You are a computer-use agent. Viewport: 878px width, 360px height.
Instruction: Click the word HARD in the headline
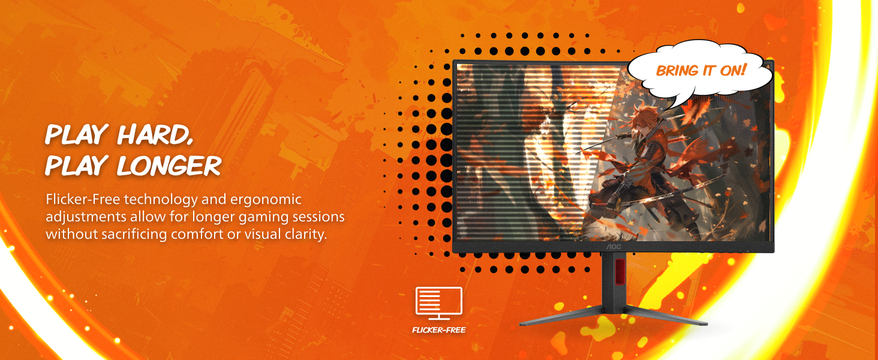click(x=155, y=134)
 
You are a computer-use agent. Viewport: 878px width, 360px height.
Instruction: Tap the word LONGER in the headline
click(x=169, y=166)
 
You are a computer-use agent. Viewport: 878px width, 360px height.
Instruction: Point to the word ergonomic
click(x=266, y=200)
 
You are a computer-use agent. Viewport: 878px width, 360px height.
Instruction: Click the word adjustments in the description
click(x=86, y=217)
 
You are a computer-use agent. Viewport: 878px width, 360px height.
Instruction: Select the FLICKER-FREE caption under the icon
click(x=439, y=330)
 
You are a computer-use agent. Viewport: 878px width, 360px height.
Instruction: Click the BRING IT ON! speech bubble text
click(x=701, y=71)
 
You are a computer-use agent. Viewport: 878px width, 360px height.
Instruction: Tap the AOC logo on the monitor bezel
click(x=614, y=247)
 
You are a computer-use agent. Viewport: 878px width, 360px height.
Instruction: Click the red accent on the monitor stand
click(x=620, y=271)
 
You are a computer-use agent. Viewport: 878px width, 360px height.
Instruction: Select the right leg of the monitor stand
click(x=666, y=316)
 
